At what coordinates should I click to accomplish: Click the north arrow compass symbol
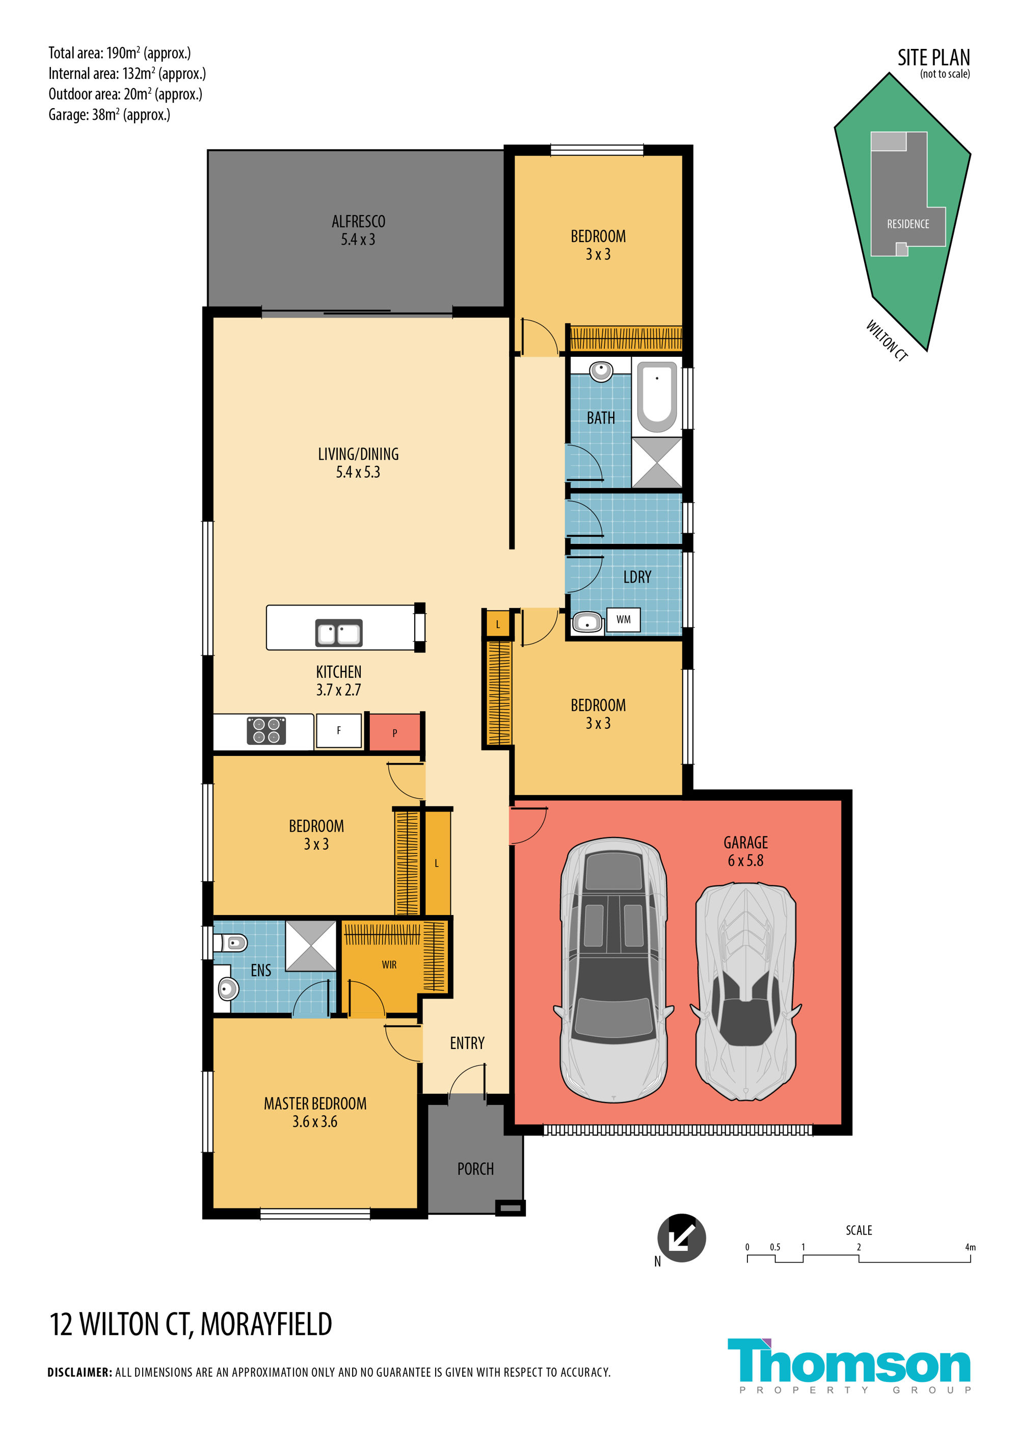tap(681, 1238)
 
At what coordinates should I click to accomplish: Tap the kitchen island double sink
tap(338, 633)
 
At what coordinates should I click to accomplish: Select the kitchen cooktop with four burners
tap(266, 730)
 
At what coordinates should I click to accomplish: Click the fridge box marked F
tap(338, 730)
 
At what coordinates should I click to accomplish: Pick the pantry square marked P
tap(394, 732)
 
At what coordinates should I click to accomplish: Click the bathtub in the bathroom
tap(657, 397)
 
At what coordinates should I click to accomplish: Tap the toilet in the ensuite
tap(230, 942)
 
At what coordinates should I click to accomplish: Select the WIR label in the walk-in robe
tap(389, 965)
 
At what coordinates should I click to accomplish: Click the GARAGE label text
tap(745, 843)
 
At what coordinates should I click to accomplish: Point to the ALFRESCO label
tap(359, 222)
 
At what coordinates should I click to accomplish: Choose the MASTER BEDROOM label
tap(315, 1104)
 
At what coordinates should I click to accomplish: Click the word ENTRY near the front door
tap(467, 1043)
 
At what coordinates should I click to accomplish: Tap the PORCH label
tap(475, 1169)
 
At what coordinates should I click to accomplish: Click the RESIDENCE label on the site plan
tap(908, 224)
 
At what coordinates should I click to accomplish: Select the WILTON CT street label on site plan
tap(887, 340)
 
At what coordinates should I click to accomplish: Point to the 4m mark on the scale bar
tap(970, 1247)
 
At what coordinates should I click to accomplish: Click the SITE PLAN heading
tap(933, 58)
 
